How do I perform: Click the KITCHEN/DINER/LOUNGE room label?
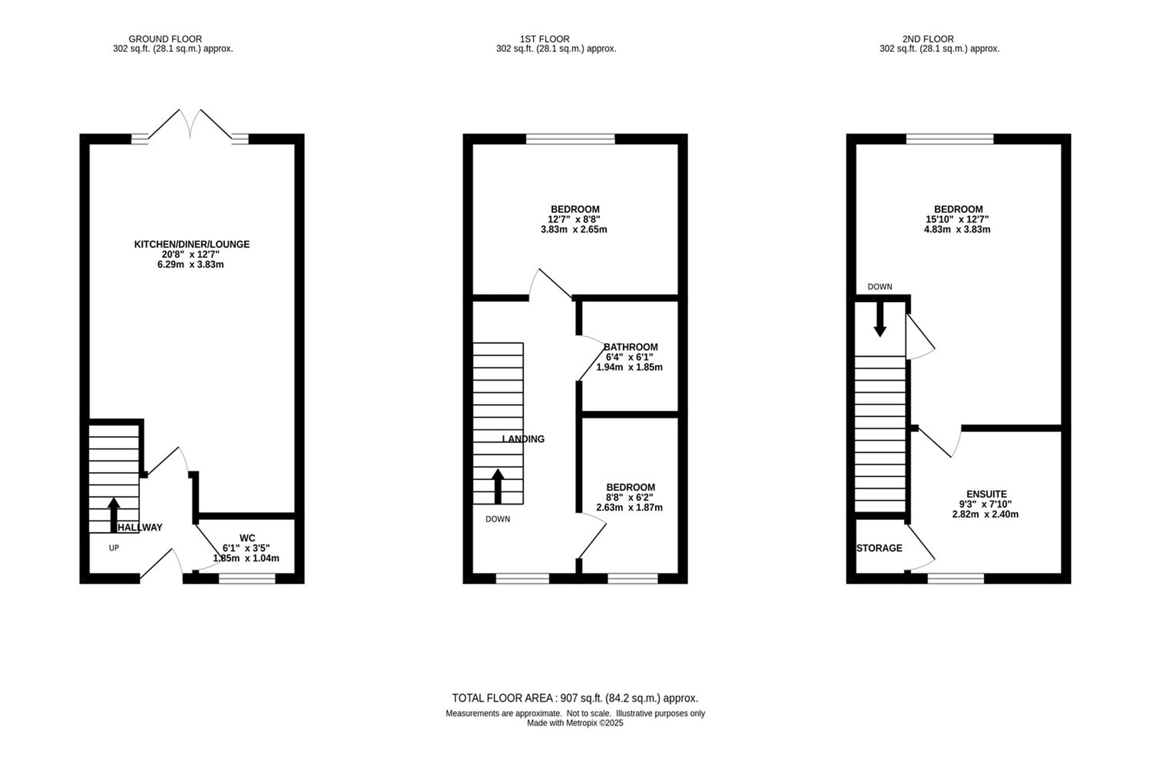[191, 244]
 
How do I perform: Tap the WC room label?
[247, 538]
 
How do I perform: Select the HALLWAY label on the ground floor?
[140, 528]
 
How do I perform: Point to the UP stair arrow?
[114, 514]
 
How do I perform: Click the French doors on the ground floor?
[190, 124]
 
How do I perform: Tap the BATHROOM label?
[631, 347]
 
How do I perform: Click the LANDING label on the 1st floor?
[523, 439]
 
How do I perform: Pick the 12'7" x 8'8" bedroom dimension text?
[574, 220]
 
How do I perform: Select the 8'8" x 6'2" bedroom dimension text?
[629, 498]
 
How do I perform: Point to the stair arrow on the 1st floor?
[498, 486]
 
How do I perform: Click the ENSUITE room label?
[987, 494]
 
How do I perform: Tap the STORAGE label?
[879, 548]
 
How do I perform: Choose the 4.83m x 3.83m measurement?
[957, 229]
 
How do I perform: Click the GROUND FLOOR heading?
[165, 39]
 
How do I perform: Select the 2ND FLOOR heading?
[928, 39]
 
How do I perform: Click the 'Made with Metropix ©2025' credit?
[575, 723]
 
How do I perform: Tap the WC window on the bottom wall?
[247, 579]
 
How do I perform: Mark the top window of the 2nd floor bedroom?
[950, 139]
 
